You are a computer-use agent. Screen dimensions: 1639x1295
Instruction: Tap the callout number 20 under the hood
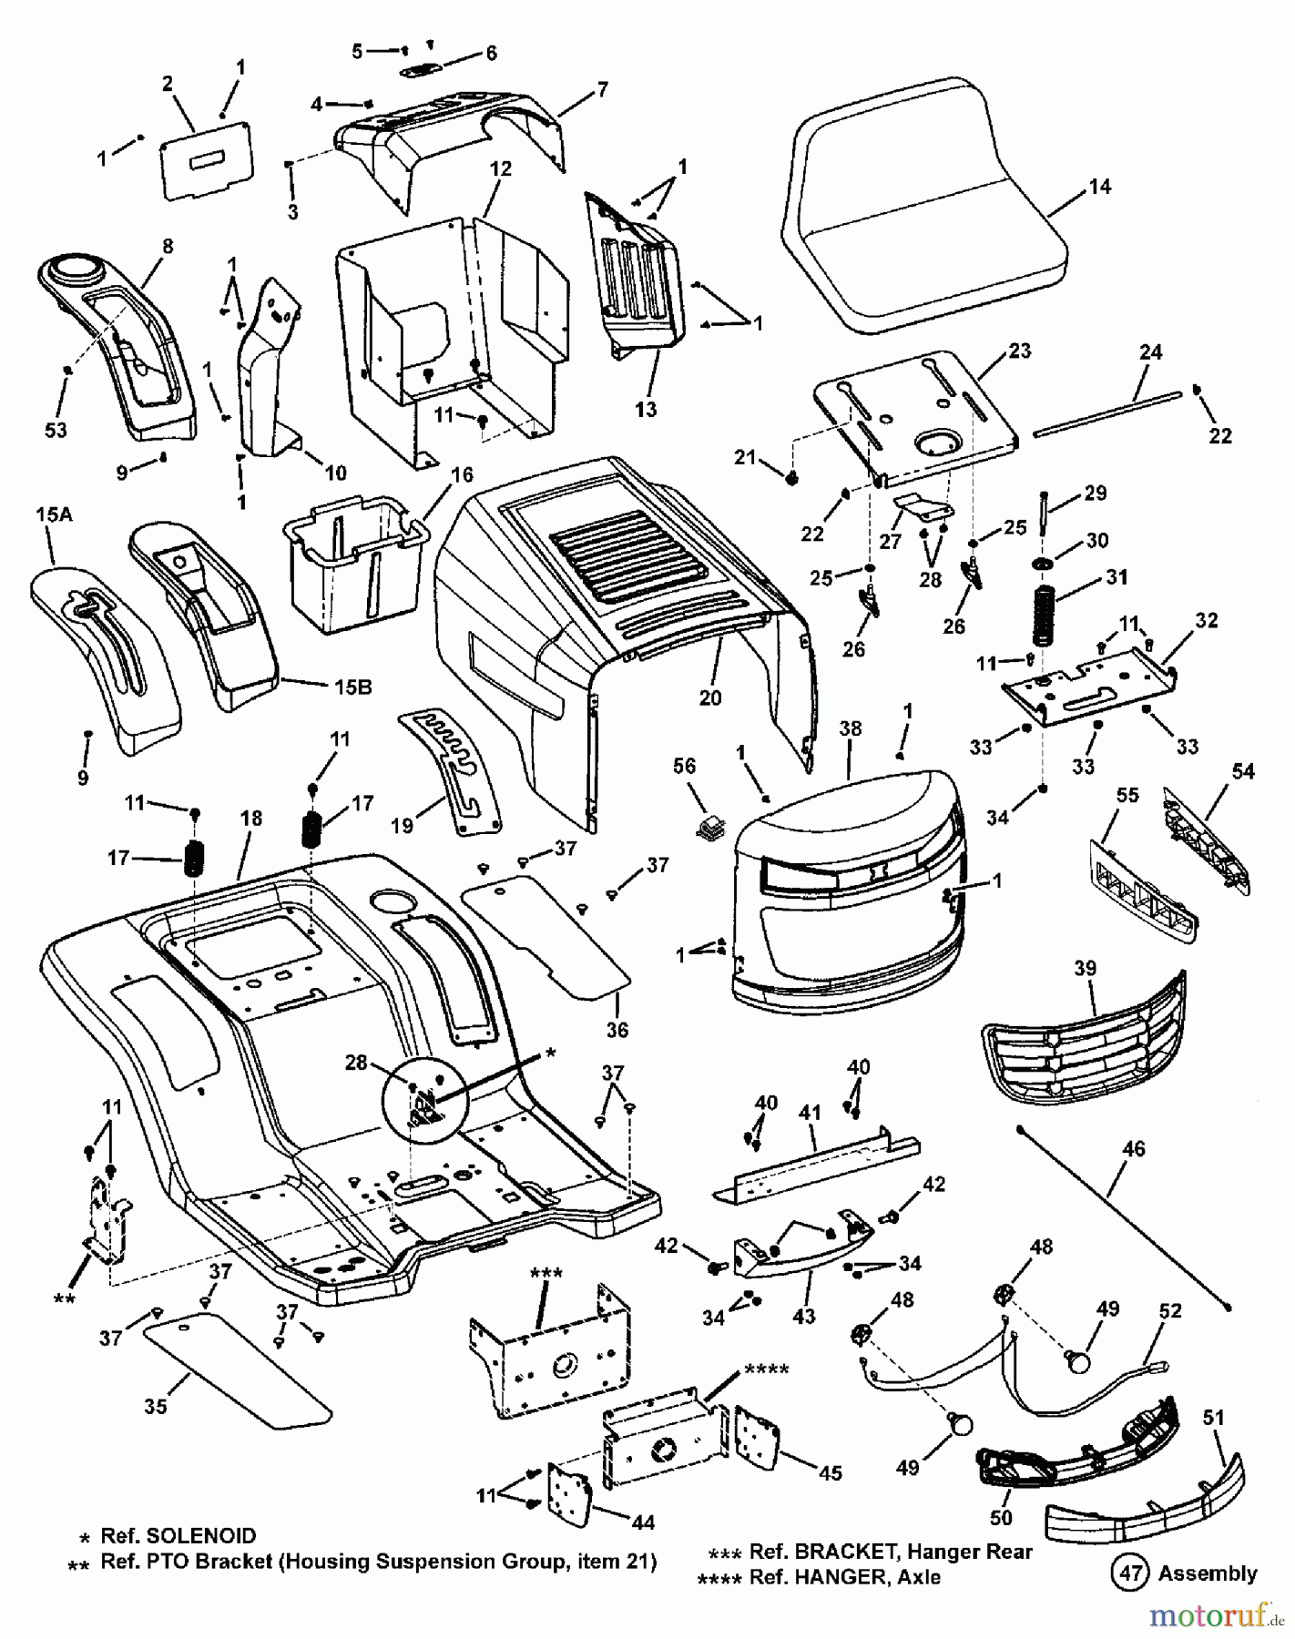pyautogui.click(x=709, y=697)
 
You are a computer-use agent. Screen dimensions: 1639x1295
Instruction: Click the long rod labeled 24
pyautogui.click(x=1106, y=415)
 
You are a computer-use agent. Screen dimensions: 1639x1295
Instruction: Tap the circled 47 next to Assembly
pyautogui.click(x=1127, y=1572)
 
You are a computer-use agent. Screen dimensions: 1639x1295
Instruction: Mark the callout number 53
pyautogui.click(x=56, y=429)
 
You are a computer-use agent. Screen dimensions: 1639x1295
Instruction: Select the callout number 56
pyautogui.click(x=684, y=767)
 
